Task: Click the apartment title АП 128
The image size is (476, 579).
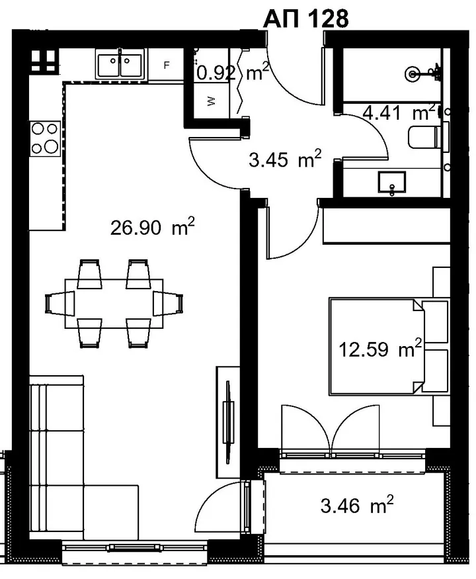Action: tap(306, 19)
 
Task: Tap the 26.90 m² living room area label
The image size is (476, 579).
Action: tap(152, 227)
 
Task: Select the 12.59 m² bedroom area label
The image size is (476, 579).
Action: tap(380, 348)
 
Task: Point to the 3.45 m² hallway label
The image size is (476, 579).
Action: tap(285, 159)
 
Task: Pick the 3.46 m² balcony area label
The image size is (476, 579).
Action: tap(357, 504)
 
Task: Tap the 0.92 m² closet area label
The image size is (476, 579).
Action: tap(233, 72)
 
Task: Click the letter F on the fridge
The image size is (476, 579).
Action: tap(167, 66)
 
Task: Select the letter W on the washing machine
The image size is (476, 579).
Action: tap(211, 101)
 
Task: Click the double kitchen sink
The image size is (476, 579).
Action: tap(120, 64)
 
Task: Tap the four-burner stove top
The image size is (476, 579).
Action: tap(45, 138)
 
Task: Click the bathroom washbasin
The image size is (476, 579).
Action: tap(391, 182)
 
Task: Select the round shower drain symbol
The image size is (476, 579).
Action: tap(412, 74)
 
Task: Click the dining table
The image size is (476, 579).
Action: tap(114, 304)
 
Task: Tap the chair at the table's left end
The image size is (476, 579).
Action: tap(59, 303)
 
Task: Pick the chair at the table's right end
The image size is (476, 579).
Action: tap(169, 303)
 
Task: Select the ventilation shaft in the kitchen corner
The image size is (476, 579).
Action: tap(43, 60)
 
